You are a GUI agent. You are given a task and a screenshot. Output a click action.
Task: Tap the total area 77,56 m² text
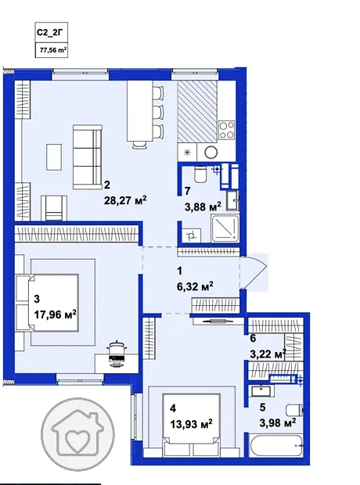(52, 50)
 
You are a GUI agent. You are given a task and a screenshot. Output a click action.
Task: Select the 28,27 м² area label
(125, 201)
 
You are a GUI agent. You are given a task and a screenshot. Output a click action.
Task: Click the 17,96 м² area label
(56, 315)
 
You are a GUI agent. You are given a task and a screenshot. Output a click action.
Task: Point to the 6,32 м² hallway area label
(195, 286)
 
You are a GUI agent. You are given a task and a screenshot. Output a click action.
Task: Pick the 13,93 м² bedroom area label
(191, 424)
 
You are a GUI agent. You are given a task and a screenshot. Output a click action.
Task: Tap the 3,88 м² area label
(203, 207)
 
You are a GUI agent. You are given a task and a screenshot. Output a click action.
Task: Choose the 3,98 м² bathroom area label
(278, 422)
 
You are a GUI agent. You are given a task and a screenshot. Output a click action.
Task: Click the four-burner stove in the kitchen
(227, 130)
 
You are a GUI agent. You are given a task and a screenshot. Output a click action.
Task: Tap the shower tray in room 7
(225, 229)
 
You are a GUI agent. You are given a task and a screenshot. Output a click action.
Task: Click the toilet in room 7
(200, 174)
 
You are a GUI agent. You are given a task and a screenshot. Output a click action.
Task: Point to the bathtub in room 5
(276, 446)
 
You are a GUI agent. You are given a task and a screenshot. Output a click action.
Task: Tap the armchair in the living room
(54, 208)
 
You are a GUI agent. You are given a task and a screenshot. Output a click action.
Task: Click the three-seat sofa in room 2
(88, 157)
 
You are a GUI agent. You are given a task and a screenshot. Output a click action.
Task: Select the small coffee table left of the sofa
(54, 156)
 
